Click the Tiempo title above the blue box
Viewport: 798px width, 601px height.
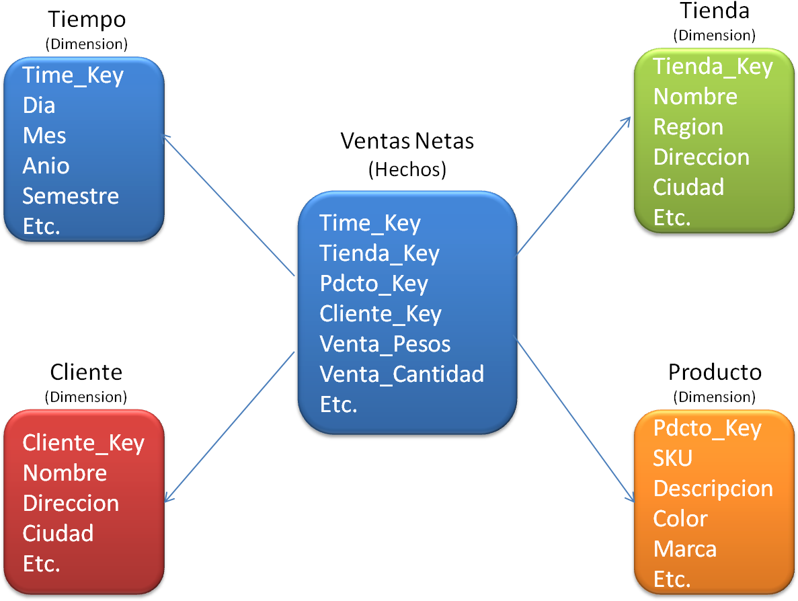click(x=87, y=20)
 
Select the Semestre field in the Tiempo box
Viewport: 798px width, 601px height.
click(x=71, y=196)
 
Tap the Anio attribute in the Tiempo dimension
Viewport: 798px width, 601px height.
click(x=46, y=166)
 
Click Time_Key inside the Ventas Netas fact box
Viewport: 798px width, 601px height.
click(x=370, y=224)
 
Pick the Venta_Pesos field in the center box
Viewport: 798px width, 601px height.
click(x=385, y=344)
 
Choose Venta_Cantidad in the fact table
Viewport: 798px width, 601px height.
click(x=401, y=374)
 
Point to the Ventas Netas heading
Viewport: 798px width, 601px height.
click(x=407, y=141)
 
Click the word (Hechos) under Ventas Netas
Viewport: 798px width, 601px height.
click(x=407, y=169)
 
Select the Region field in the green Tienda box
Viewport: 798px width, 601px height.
click(x=688, y=127)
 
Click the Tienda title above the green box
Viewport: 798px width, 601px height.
click(x=715, y=11)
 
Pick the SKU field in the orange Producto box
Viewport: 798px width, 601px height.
click(x=673, y=458)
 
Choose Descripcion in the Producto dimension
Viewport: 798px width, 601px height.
click(x=713, y=489)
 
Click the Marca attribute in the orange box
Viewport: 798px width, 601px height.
click(x=685, y=550)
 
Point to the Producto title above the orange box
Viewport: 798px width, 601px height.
click(x=715, y=372)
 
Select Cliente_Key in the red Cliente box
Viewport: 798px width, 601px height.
click(x=83, y=443)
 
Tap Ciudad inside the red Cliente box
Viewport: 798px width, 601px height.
click(x=58, y=533)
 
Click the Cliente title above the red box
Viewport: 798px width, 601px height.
click(x=86, y=372)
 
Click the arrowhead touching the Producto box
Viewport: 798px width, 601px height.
click(x=631, y=497)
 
